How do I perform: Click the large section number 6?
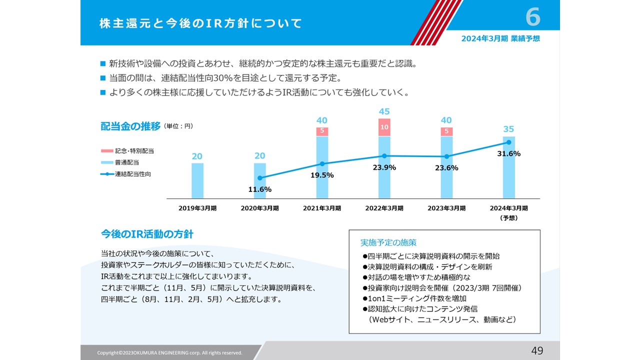[x=533, y=18]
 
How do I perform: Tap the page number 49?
[x=537, y=350]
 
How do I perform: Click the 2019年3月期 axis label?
[x=197, y=208]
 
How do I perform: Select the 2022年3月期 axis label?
[x=384, y=208]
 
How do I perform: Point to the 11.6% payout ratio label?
[x=259, y=189]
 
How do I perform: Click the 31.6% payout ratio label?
[x=508, y=153]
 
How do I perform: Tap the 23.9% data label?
[x=384, y=167]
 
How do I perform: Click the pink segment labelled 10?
[x=384, y=127]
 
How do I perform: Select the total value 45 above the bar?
[x=384, y=111]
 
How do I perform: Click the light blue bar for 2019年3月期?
[x=197, y=180]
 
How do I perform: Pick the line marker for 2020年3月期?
[x=259, y=177]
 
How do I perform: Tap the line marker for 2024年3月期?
[x=508, y=142]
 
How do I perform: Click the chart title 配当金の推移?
[x=130, y=126]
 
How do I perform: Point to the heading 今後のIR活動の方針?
[x=147, y=234]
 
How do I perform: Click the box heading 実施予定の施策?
[x=388, y=242]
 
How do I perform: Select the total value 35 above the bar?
[x=508, y=129]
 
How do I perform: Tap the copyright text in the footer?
[x=169, y=352]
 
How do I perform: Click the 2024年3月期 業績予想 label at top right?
[x=500, y=38]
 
